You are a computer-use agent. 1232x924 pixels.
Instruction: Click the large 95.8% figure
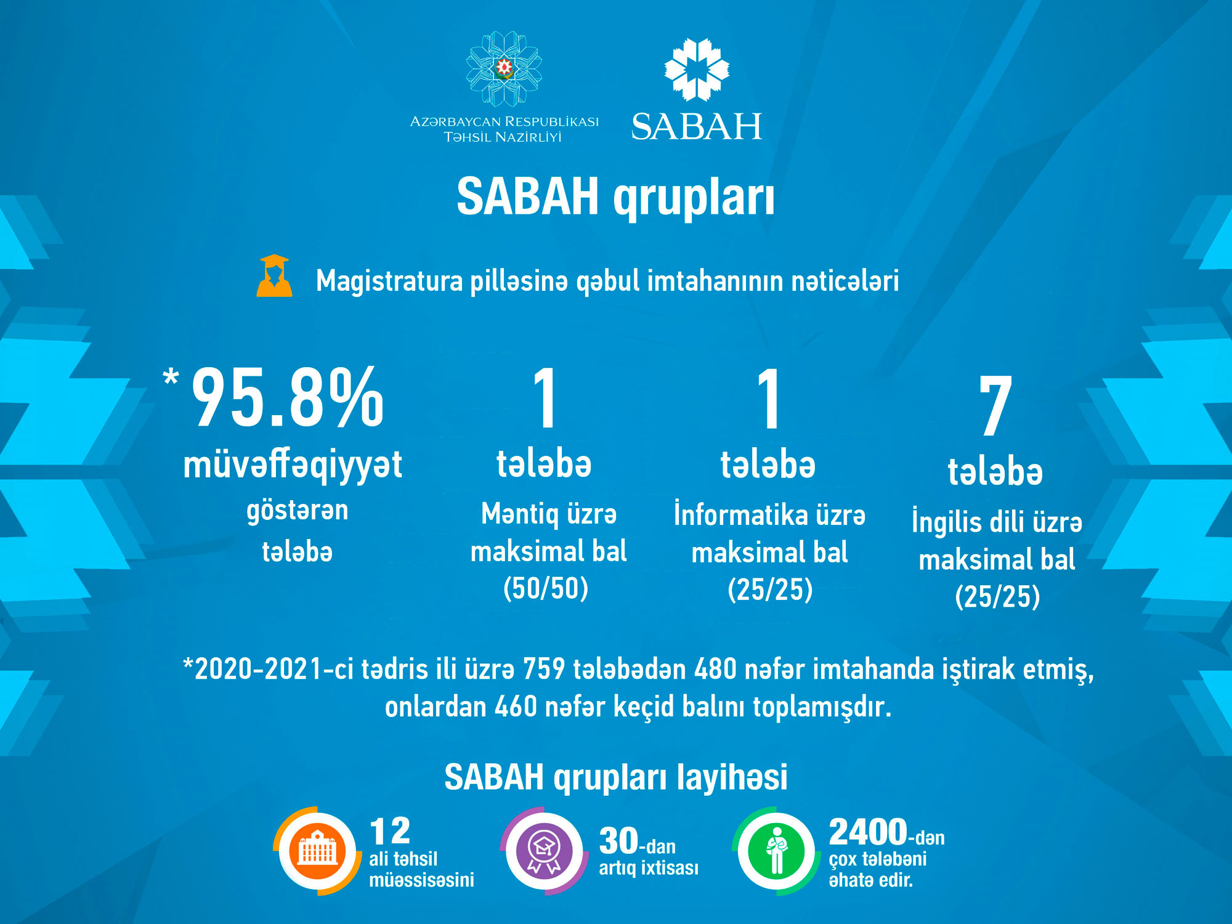pyautogui.click(x=288, y=397)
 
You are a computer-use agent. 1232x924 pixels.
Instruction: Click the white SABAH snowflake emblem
pyautogui.click(x=697, y=70)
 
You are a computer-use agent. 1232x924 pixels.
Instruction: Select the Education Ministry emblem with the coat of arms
pyautogui.click(x=504, y=68)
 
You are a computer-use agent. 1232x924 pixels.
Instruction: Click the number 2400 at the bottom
pyautogui.click(x=868, y=832)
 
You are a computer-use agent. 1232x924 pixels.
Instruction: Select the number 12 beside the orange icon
pyautogui.click(x=389, y=832)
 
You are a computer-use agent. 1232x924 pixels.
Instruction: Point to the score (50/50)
pyautogui.click(x=546, y=588)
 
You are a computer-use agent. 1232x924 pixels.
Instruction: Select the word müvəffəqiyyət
pyautogui.click(x=293, y=465)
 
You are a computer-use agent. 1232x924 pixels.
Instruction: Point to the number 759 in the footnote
pyautogui.click(x=543, y=669)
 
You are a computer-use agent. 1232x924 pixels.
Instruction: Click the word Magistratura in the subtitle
pyautogui.click(x=389, y=281)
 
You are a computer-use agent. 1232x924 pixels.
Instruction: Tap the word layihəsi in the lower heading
pyautogui.click(x=732, y=777)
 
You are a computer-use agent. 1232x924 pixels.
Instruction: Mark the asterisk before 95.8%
pyautogui.click(x=171, y=376)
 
